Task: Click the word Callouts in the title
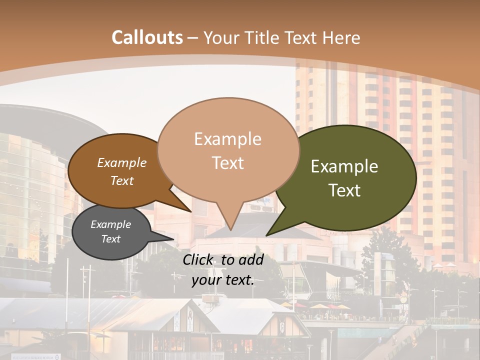[147, 37]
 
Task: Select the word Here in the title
[341, 37]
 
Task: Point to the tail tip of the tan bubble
[231, 229]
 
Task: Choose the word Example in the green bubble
[344, 166]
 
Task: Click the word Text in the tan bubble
[228, 163]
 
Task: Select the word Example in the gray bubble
[110, 224]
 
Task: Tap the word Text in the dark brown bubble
[122, 180]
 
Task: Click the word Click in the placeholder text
[198, 259]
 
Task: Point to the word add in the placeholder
[251, 259]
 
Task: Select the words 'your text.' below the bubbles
[223, 280]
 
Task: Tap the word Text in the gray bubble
[110, 239]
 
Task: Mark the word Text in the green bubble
[345, 190]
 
